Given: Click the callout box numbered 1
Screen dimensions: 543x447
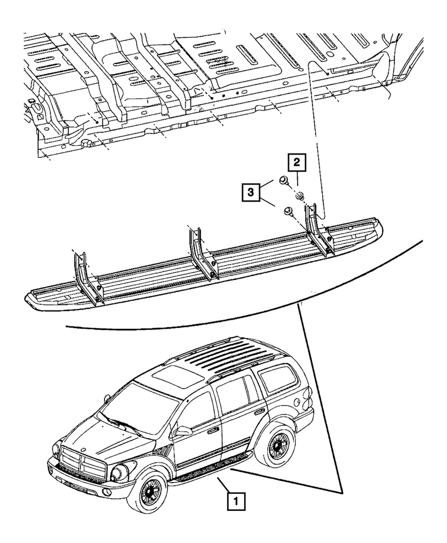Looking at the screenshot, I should pyautogui.click(x=236, y=501).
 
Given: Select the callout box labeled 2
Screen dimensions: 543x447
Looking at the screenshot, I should pyautogui.click(x=298, y=163).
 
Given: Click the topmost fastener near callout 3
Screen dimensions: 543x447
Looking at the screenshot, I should pyautogui.click(x=284, y=180).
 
